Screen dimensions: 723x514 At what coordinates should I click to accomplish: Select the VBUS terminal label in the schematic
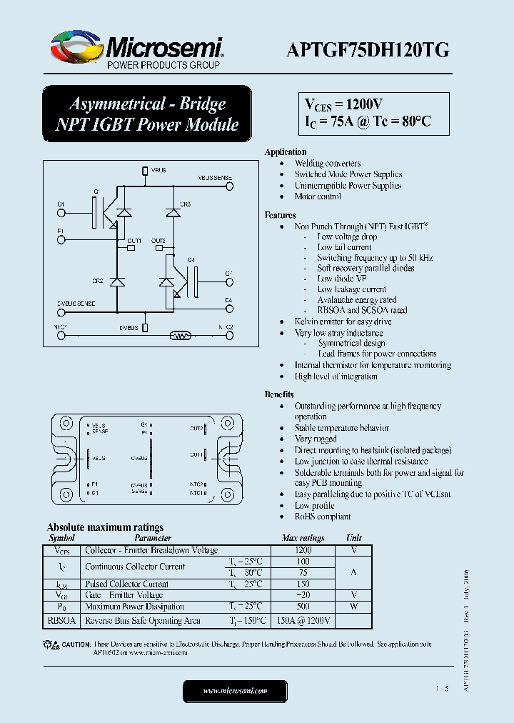pos(158,171)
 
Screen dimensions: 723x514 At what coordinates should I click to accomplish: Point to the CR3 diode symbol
pos(173,212)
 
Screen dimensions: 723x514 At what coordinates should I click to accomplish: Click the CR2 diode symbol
pos(118,281)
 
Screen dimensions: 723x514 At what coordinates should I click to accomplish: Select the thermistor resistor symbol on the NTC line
pos(180,335)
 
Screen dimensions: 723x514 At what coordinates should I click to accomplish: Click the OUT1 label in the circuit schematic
pos(134,241)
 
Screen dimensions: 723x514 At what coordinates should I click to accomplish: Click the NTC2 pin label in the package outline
pos(196,484)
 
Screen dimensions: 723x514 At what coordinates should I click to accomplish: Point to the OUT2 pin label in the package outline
pos(196,429)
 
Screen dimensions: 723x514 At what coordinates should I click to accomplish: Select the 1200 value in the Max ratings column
pos(303,551)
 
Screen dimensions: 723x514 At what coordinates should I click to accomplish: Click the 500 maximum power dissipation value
pos(303,607)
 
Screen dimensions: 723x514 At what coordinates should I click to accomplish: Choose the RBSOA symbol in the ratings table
pos(61,621)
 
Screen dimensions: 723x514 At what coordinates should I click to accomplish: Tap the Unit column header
pos(353,538)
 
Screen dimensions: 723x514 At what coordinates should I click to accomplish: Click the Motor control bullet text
pos(318,196)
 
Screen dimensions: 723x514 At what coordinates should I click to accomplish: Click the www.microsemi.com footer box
pos(235,691)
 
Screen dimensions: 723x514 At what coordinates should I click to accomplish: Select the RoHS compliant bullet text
pos(323,517)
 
